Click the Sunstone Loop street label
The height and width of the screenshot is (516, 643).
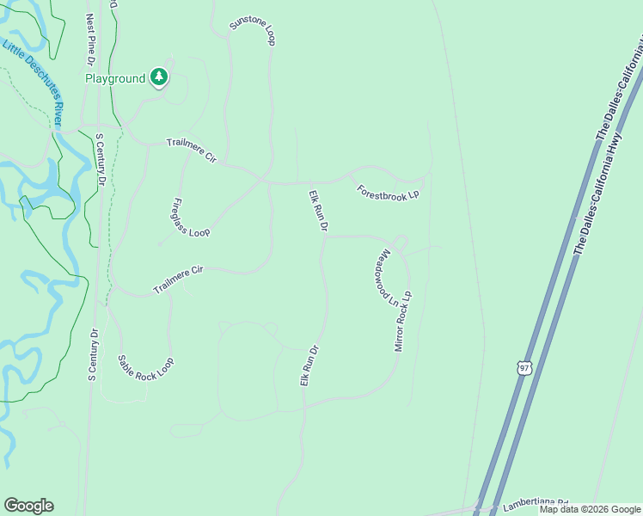(x=252, y=32)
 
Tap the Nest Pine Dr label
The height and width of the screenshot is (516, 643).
(x=90, y=40)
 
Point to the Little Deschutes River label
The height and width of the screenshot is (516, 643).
(x=32, y=84)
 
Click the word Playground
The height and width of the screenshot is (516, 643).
(x=115, y=78)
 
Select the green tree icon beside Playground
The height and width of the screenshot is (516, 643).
(x=158, y=77)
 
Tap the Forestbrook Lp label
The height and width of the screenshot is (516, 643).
(x=388, y=191)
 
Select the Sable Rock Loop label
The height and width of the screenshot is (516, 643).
(x=145, y=368)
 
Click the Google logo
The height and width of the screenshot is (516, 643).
(x=28, y=506)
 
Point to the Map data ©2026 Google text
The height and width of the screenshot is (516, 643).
(x=589, y=509)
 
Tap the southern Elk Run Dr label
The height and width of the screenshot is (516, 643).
(x=310, y=365)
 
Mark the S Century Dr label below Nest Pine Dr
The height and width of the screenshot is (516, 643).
(x=100, y=160)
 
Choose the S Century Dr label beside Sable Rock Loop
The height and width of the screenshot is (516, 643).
(x=93, y=354)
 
